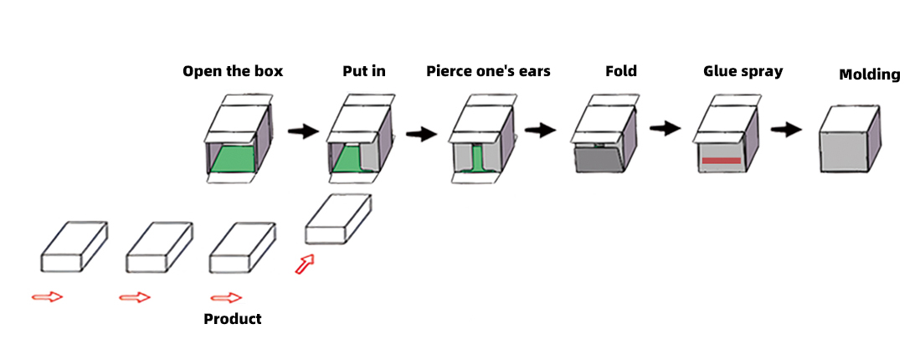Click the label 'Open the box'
click(x=233, y=71)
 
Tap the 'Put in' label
click(x=364, y=71)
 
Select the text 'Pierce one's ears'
click(x=488, y=71)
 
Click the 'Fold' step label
click(x=621, y=71)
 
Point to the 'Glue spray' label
click(x=743, y=71)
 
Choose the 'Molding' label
click(x=869, y=75)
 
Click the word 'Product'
click(x=233, y=319)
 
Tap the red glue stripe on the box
click(x=721, y=160)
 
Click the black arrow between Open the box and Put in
click(x=303, y=131)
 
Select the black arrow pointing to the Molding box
click(x=787, y=130)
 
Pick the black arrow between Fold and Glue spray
click(x=665, y=128)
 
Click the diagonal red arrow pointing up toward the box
click(x=306, y=264)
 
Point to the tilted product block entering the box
click(x=337, y=219)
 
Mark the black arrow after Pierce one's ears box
click(x=541, y=130)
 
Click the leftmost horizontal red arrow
click(x=47, y=296)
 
